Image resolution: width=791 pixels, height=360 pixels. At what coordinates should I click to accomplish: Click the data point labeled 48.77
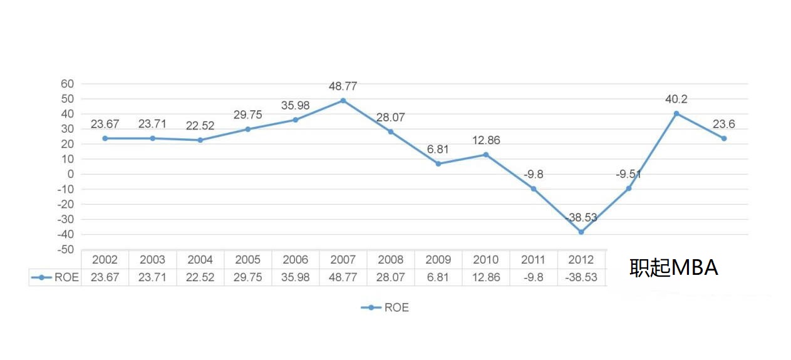click(343, 100)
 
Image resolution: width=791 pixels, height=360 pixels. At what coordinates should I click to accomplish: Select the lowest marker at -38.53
click(581, 232)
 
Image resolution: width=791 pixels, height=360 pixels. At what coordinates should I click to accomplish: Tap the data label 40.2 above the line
click(676, 99)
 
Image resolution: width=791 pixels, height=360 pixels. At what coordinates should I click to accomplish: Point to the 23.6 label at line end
click(723, 124)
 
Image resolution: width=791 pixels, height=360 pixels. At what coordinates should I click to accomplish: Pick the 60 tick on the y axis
click(67, 84)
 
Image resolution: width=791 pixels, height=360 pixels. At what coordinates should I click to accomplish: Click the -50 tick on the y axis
click(65, 250)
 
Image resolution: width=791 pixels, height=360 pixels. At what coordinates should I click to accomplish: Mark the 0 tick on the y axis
click(71, 174)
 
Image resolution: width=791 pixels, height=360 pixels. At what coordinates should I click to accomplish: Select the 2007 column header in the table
click(343, 260)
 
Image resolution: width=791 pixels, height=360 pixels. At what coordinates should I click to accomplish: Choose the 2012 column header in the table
click(581, 260)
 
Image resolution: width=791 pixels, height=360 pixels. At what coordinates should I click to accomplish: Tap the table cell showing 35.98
click(296, 277)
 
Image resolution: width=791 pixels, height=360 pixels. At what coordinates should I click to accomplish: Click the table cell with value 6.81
click(438, 277)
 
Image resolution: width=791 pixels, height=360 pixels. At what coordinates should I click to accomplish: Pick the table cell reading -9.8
click(533, 277)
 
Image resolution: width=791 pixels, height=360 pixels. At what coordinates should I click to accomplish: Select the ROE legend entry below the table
click(396, 307)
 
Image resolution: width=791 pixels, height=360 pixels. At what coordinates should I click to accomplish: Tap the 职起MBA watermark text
click(673, 268)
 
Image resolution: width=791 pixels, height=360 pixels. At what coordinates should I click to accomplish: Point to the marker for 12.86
click(486, 154)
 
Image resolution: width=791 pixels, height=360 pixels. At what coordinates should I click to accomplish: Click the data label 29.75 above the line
click(248, 115)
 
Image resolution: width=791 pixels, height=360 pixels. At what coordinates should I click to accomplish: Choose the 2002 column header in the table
click(105, 260)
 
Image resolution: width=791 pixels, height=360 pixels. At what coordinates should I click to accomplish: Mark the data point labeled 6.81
click(438, 163)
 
